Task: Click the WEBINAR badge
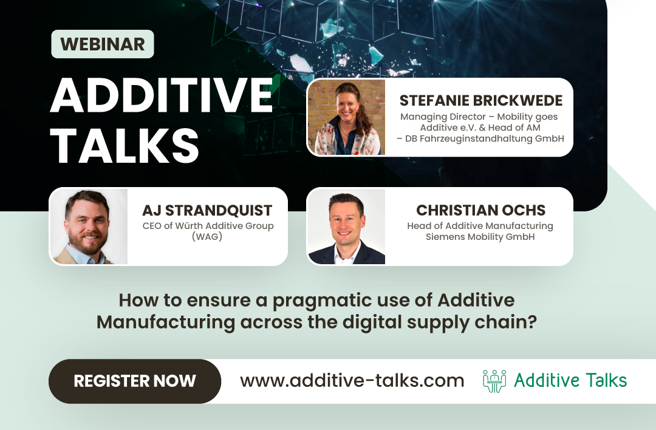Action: pyautogui.click(x=102, y=44)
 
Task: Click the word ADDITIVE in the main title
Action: pyautogui.click(x=161, y=96)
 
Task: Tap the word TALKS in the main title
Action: pyautogui.click(x=125, y=146)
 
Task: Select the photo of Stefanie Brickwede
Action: pyautogui.click(x=347, y=117)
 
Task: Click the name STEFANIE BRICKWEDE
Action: pyautogui.click(x=480, y=100)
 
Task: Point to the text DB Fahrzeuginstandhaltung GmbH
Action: pyautogui.click(x=485, y=138)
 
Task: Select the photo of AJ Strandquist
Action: pyautogui.click(x=89, y=227)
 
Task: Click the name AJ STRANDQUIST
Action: pyautogui.click(x=207, y=210)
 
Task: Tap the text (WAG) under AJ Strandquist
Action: pyautogui.click(x=207, y=237)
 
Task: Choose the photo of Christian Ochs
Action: pyautogui.click(x=347, y=227)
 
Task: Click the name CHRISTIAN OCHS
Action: pyautogui.click(x=480, y=210)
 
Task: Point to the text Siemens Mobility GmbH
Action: pyautogui.click(x=480, y=237)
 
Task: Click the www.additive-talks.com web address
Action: pyautogui.click(x=352, y=381)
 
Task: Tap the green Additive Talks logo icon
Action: pyautogui.click(x=494, y=381)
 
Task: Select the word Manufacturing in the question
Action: pyautogui.click(x=165, y=321)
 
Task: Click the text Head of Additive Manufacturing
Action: pyautogui.click(x=480, y=226)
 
